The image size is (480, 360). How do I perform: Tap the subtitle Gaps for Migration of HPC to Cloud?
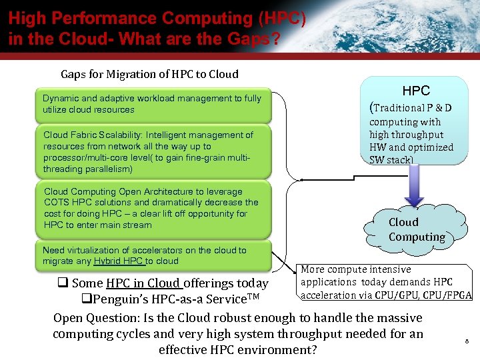149,74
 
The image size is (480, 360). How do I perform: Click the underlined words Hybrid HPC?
119,261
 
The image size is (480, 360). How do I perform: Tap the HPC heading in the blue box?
416,91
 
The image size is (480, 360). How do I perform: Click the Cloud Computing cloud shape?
417,229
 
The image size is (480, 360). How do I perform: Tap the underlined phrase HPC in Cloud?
143,283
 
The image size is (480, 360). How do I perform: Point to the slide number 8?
467,341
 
